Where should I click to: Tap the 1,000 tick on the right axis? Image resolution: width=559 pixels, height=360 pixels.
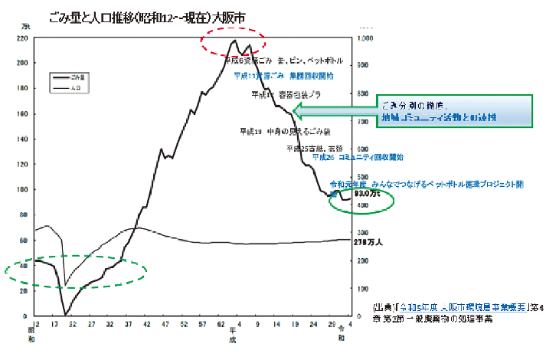pos(365,38)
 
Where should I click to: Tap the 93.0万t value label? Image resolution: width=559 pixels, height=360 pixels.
pos(365,194)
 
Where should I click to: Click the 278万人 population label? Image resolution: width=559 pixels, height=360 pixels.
pos(369,241)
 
